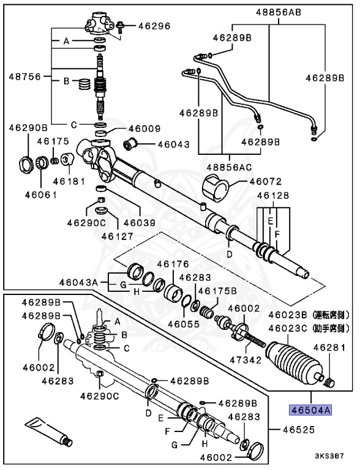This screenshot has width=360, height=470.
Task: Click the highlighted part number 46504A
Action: [310, 410]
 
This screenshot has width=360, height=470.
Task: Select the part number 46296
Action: [154, 26]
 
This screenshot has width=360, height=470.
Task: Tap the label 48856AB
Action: [279, 12]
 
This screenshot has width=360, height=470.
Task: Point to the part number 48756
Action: [24, 76]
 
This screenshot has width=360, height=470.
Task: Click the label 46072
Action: [266, 181]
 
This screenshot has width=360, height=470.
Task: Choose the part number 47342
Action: [246, 360]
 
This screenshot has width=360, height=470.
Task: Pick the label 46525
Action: [299, 430]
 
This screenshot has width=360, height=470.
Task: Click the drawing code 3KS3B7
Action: [329, 456]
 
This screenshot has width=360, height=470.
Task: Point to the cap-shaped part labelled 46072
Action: [216, 187]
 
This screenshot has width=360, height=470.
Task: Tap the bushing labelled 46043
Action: [130, 144]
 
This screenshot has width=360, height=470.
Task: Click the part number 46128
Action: [273, 195]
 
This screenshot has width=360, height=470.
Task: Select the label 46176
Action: [173, 264]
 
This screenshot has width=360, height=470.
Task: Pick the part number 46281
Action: [329, 348]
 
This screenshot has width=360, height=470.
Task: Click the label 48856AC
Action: [230, 166]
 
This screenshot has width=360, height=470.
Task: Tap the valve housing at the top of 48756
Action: [99, 23]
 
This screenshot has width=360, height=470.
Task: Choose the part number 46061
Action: [41, 195]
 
